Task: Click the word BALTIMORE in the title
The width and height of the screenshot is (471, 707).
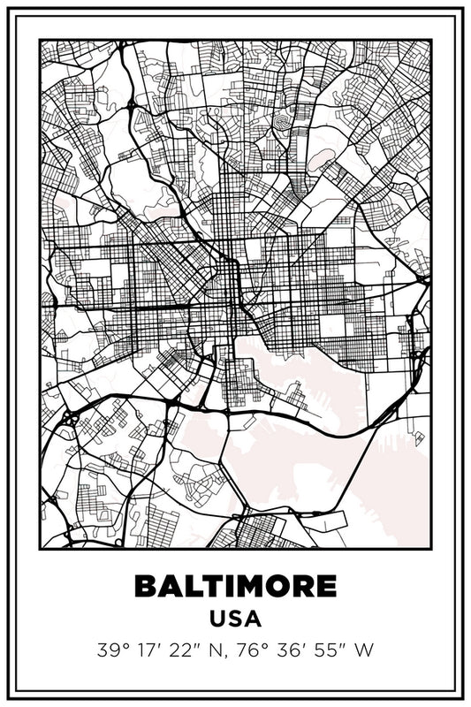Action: pos(235,586)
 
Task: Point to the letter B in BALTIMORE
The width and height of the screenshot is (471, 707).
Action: pos(146,586)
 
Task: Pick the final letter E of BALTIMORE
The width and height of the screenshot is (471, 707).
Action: pos(327,586)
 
